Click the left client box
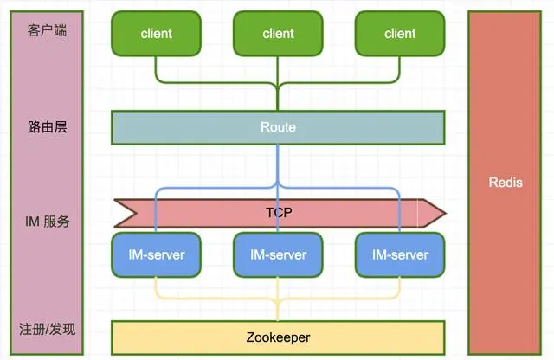156,34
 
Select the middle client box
278,34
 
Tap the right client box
400,34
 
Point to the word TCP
278,211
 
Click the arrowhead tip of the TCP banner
444,211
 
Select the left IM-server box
156,254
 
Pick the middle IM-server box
278,254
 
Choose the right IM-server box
400,254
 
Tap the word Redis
506,182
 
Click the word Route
278,127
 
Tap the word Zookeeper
278,337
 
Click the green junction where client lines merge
278,86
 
